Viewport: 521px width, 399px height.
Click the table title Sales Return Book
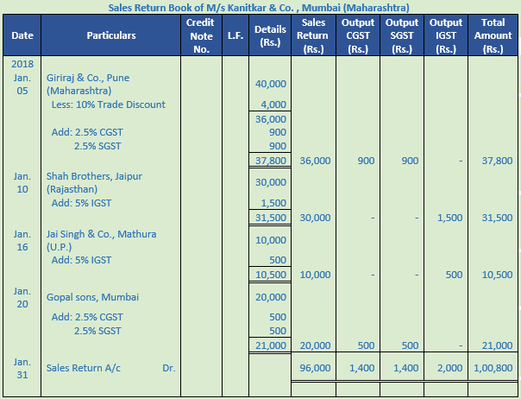coord(259,7)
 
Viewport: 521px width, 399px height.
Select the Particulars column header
coord(111,36)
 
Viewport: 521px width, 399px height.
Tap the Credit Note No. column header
coord(201,36)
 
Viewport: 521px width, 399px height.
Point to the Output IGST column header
coord(446,36)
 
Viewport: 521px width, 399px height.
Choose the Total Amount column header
coord(493,36)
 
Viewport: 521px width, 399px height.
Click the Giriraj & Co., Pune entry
coord(89,78)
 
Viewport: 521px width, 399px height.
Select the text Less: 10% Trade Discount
coord(109,104)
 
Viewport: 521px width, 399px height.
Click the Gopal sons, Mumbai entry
coord(93,297)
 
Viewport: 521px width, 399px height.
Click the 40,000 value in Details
coord(271,84)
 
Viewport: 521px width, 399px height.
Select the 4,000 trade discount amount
coord(274,104)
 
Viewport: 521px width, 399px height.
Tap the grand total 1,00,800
coord(493,368)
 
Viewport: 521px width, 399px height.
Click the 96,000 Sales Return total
coord(313,368)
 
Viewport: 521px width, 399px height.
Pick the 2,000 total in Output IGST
coord(449,368)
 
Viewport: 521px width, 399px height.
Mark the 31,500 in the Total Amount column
coord(495,217)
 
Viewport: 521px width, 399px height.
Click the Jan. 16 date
coord(22,240)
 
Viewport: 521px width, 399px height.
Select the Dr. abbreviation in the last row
coord(168,368)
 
